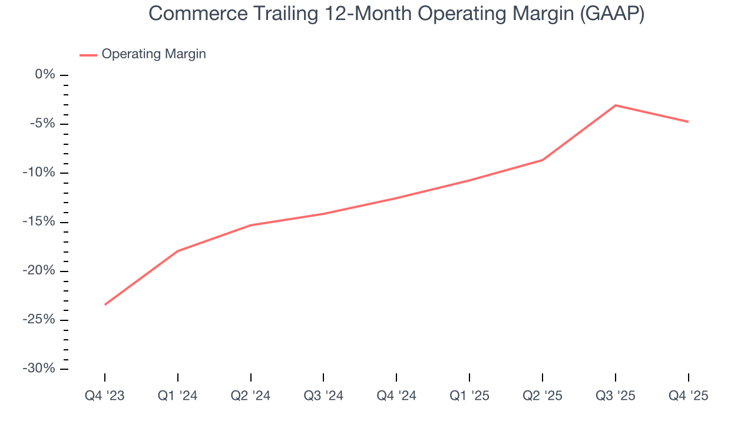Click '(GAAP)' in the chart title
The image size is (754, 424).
click(x=612, y=14)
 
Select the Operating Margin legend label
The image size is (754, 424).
click(x=154, y=54)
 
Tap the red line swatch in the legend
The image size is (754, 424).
click(x=88, y=55)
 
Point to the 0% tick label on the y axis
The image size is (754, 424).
click(x=45, y=75)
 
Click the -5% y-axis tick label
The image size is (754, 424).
click(x=43, y=124)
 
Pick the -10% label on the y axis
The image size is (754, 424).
click(x=41, y=173)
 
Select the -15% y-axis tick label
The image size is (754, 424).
click(x=41, y=222)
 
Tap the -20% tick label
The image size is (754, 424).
click(x=41, y=271)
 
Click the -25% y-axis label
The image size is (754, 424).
click(x=41, y=320)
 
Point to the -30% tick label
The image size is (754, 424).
click(x=41, y=369)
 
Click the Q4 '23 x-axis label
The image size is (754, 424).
click(x=105, y=396)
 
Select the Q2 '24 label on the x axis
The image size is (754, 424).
click(x=251, y=396)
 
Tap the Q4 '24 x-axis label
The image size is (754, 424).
click(x=396, y=396)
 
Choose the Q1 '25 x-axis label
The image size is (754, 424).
click(x=469, y=396)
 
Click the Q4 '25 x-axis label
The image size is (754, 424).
click(x=689, y=396)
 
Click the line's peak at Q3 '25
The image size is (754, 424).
click(x=616, y=105)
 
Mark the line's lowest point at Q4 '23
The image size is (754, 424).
click(x=105, y=304)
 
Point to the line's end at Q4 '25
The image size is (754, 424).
click(x=688, y=122)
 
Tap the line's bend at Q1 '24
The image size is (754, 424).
click(x=178, y=251)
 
